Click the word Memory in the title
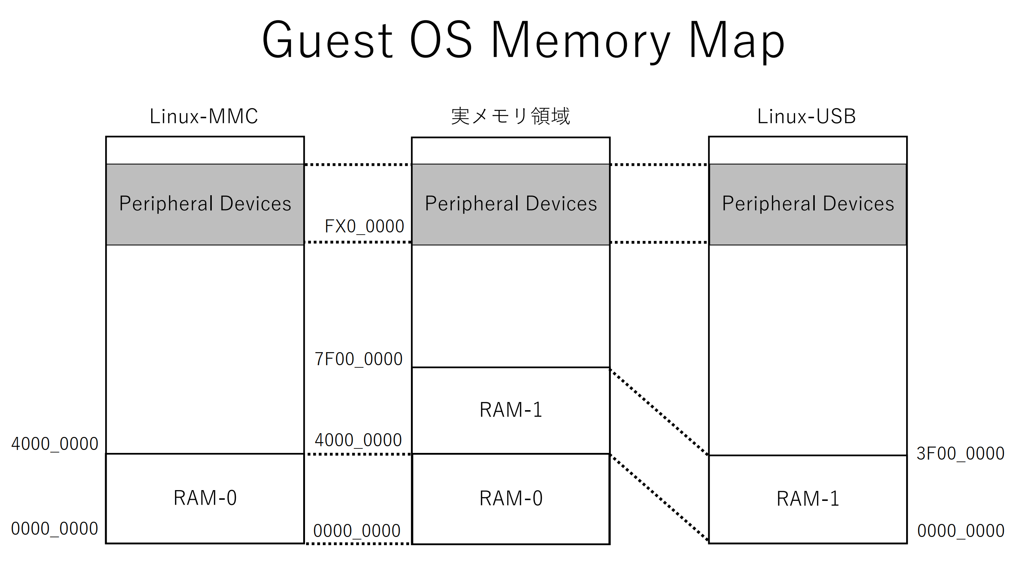coord(580,41)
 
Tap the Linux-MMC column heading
coord(204,116)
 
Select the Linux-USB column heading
coord(806,116)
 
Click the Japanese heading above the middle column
coord(510,116)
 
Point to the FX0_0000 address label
coord(364,226)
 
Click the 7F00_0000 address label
coord(359,359)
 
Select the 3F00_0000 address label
coord(960,453)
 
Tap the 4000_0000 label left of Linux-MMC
coord(55,444)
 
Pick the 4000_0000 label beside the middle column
coord(358,440)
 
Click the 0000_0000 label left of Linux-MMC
coord(55,528)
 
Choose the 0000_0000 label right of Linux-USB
coord(960,531)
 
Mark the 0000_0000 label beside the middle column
coord(357,531)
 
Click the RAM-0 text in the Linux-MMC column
coord(205,498)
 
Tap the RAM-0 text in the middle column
coord(511,498)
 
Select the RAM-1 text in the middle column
coord(511,410)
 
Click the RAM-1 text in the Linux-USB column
coord(807,498)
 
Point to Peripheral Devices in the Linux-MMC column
coord(205,204)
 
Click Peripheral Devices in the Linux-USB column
coord(808,204)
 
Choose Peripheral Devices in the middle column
coord(511,204)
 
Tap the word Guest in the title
coord(327,41)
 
